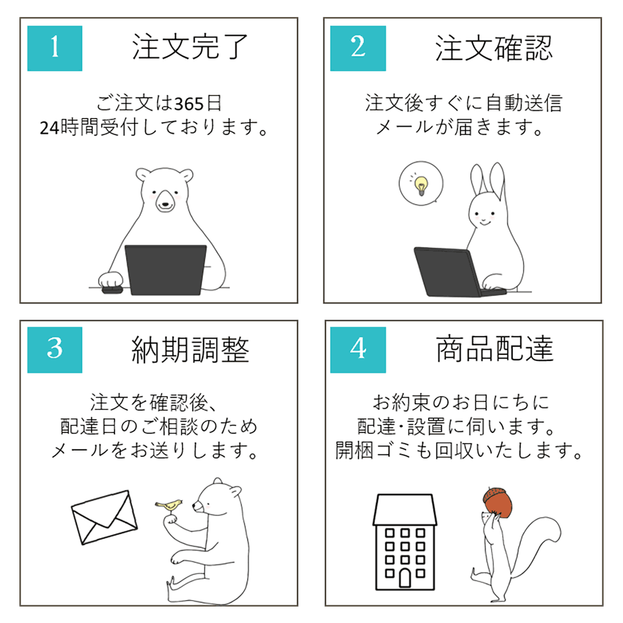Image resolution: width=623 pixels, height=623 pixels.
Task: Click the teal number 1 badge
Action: [55, 48]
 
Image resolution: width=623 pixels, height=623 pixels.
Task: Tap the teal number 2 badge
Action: [358, 48]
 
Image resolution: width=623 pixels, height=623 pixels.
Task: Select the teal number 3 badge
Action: [55, 350]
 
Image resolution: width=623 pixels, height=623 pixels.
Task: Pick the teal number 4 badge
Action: [358, 350]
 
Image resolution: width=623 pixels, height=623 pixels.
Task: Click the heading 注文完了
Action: [190, 47]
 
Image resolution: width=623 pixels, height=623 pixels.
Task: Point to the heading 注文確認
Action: [494, 48]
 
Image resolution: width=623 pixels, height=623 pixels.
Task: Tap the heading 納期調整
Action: [190, 350]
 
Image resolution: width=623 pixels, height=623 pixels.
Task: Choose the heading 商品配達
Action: [495, 349]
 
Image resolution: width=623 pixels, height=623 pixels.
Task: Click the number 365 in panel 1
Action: [189, 104]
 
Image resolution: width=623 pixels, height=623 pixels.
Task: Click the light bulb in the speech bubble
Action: [421, 185]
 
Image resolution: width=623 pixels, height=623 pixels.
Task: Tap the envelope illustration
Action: [104, 517]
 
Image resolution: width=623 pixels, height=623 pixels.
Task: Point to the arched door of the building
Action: [405, 577]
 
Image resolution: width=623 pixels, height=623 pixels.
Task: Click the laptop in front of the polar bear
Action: [165, 270]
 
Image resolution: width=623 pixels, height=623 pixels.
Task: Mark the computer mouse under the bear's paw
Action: [111, 290]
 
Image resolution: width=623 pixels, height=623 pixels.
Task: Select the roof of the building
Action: [405, 510]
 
